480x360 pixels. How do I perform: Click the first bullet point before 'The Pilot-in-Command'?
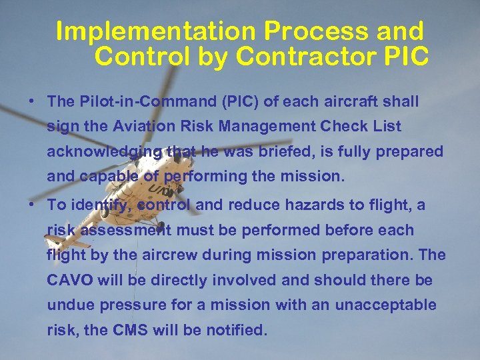click(31, 102)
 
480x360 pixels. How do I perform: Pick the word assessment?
click(129, 231)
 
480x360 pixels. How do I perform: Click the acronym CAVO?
click(70, 281)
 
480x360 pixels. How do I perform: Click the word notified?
click(236, 330)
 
